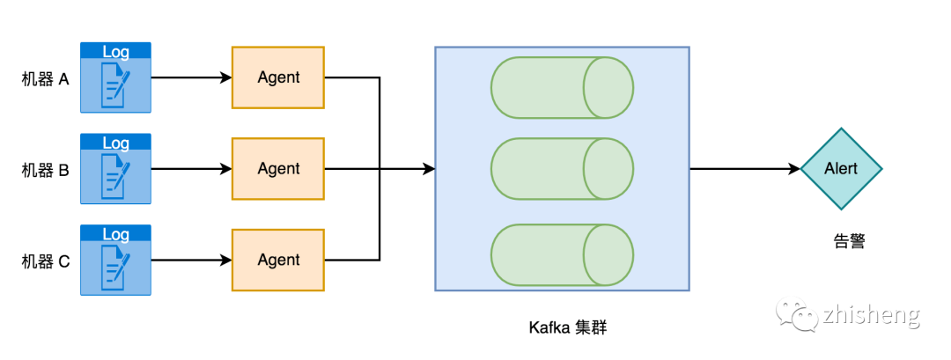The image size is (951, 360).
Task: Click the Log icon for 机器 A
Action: point(115,77)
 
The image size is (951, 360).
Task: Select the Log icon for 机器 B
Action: point(115,169)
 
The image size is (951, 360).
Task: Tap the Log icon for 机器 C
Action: point(115,260)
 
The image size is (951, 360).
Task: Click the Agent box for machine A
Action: point(278,77)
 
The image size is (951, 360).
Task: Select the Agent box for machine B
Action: point(278,169)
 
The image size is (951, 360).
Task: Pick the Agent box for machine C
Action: point(278,260)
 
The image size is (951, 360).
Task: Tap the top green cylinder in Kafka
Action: point(562,88)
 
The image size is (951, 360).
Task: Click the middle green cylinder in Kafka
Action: point(562,169)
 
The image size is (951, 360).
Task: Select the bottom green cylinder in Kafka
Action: point(562,255)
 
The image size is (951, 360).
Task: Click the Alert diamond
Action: point(841,169)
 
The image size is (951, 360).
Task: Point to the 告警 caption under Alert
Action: point(849,240)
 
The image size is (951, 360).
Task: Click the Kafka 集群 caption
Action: point(568,327)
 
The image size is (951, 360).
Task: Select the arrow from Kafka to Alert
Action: point(744,169)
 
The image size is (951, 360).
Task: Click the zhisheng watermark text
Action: point(872,314)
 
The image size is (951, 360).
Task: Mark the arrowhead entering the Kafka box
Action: point(429,169)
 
